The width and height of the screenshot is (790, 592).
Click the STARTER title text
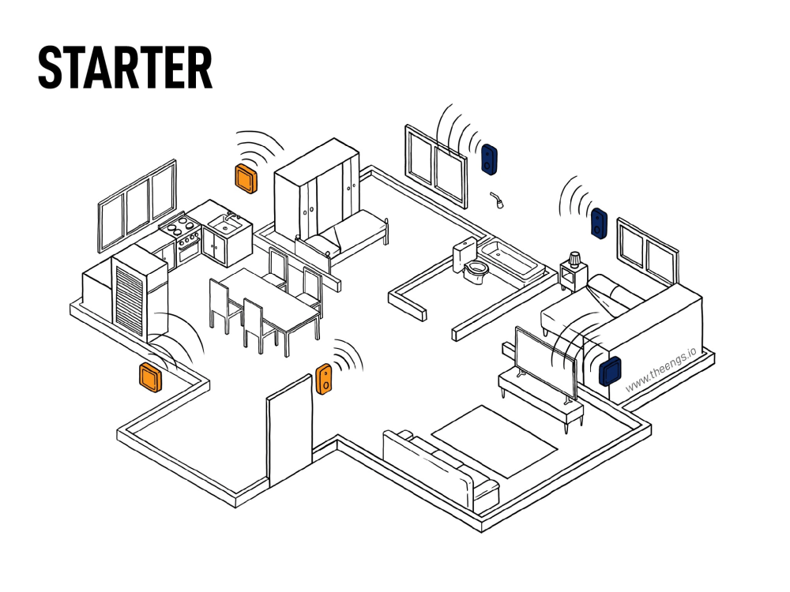[126, 67]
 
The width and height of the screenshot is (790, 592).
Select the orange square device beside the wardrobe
[246, 178]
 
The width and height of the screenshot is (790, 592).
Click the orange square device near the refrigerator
[151, 377]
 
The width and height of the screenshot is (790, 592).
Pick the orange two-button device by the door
[324, 379]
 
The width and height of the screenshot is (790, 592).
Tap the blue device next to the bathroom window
[489, 159]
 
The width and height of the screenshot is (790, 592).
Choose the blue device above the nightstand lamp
[599, 223]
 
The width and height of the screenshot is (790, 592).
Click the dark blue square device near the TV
[610, 371]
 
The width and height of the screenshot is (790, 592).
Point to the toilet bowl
[476, 272]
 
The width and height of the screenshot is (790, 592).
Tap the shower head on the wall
[497, 200]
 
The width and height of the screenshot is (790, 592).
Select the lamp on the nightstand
[575, 259]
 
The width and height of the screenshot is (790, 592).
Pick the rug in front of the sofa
[495, 441]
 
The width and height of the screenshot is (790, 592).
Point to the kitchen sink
[224, 223]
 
